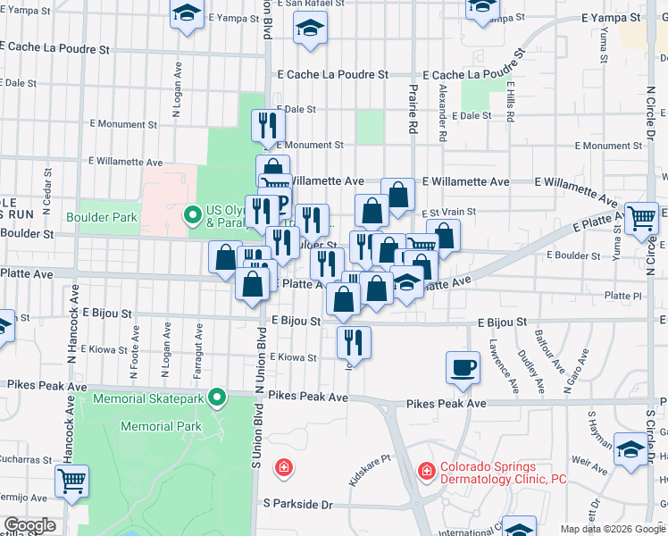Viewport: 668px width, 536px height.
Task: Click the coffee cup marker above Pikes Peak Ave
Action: (x=463, y=368)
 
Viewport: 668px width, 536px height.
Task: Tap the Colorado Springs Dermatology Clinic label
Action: (x=501, y=473)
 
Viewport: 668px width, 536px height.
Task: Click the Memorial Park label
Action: (x=162, y=427)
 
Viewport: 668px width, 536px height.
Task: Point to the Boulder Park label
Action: (x=102, y=216)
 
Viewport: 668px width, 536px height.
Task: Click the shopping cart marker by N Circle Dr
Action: (x=640, y=218)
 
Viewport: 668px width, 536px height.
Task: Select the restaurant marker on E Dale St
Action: (x=265, y=127)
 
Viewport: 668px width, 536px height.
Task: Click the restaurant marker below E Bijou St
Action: (x=354, y=343)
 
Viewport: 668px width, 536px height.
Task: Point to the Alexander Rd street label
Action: (x=442, y=113)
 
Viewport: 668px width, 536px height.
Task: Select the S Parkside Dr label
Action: (x=298, y=505)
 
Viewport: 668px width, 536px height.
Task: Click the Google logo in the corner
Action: (x=29, y=525)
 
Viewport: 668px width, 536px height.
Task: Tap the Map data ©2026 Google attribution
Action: (x=612, y=529)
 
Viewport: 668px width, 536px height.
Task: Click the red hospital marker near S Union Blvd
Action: (x=283, y=467)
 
